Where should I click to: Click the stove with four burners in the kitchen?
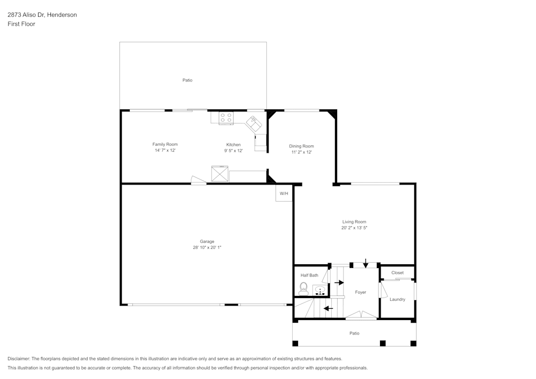click(226, 117)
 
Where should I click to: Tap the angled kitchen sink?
click(254, 124)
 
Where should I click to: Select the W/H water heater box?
click(284, 194)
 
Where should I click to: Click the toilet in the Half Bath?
click(303, 288)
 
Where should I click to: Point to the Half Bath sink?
click(320, 291)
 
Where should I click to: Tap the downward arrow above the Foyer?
click(366, 263)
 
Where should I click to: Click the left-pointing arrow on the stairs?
click(328, 308)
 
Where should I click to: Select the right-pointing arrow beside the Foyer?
click(339, 282)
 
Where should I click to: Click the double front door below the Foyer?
click(361, 315)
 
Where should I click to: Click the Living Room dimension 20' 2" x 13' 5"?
click(354, 227)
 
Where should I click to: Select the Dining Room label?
click(301, 146)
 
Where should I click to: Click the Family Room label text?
click(165, 144)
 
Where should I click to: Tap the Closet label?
click(397, 272)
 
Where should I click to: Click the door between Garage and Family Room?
click(198, 181)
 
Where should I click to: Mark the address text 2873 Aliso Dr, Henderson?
click(42, 15)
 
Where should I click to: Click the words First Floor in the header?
click(21, 24)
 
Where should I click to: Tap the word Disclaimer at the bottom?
click(19, 359)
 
